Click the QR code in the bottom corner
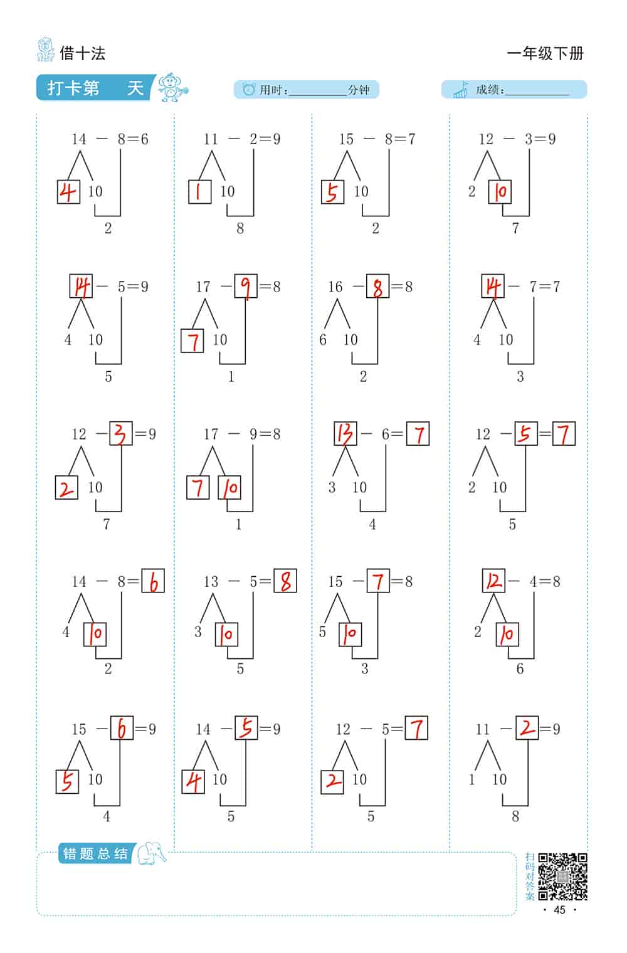562,877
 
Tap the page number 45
559,910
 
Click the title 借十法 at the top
83,54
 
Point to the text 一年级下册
545,54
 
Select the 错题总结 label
95,853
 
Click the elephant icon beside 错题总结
152,853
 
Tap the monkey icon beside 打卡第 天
172,87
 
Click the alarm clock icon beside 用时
248,89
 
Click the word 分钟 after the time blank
359,90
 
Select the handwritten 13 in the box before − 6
345,434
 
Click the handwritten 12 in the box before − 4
493,581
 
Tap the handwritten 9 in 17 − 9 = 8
246,287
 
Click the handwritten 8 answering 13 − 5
285,581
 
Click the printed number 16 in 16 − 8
335,287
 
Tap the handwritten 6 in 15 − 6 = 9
122,729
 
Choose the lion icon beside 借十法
46,50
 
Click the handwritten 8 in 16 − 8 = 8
377,287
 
